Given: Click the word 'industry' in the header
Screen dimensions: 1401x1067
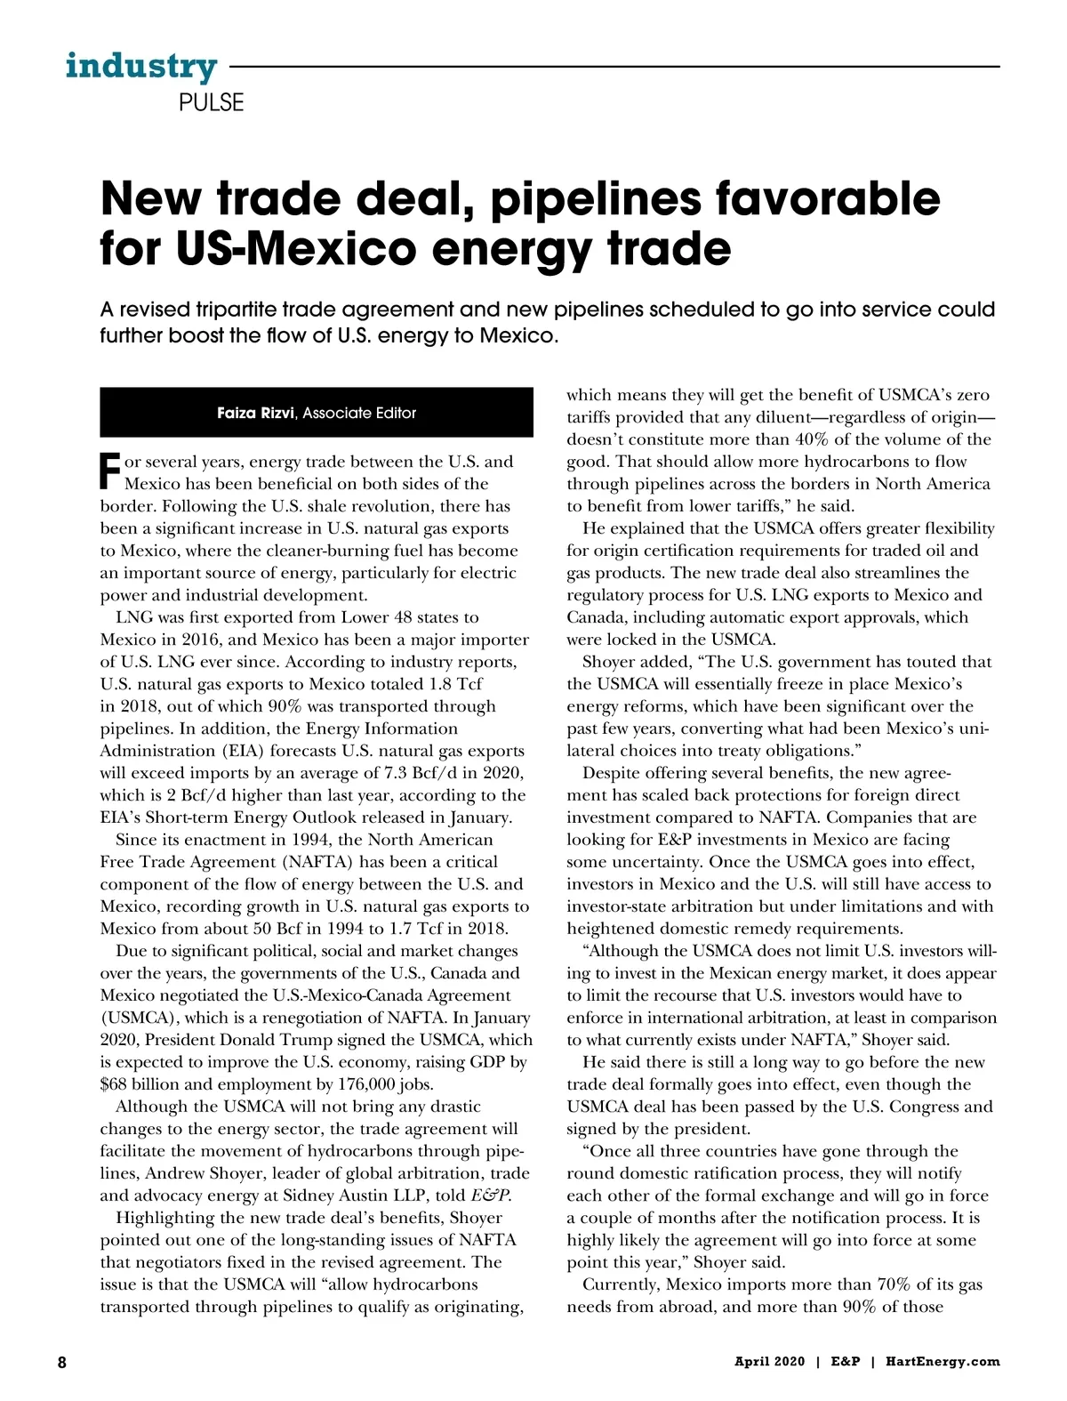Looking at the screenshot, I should tap(140, 66).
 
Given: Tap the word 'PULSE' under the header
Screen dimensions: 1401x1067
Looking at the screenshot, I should tap(211, 102).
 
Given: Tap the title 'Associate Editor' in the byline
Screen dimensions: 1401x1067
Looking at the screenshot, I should tap(359, 413).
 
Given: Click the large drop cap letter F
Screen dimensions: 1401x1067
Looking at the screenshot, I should tap(110, 471).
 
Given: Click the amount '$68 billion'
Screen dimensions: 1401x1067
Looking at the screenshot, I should tap(142, 1084).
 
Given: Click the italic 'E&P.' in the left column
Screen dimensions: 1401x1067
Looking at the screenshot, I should tap(491, 1196).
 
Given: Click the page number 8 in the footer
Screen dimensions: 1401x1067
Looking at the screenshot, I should tap(62, 1362).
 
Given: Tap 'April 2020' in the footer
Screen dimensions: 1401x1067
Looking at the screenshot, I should tap(769, 1362).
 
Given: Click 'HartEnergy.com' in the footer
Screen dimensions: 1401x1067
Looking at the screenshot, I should tap(943, 1362).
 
